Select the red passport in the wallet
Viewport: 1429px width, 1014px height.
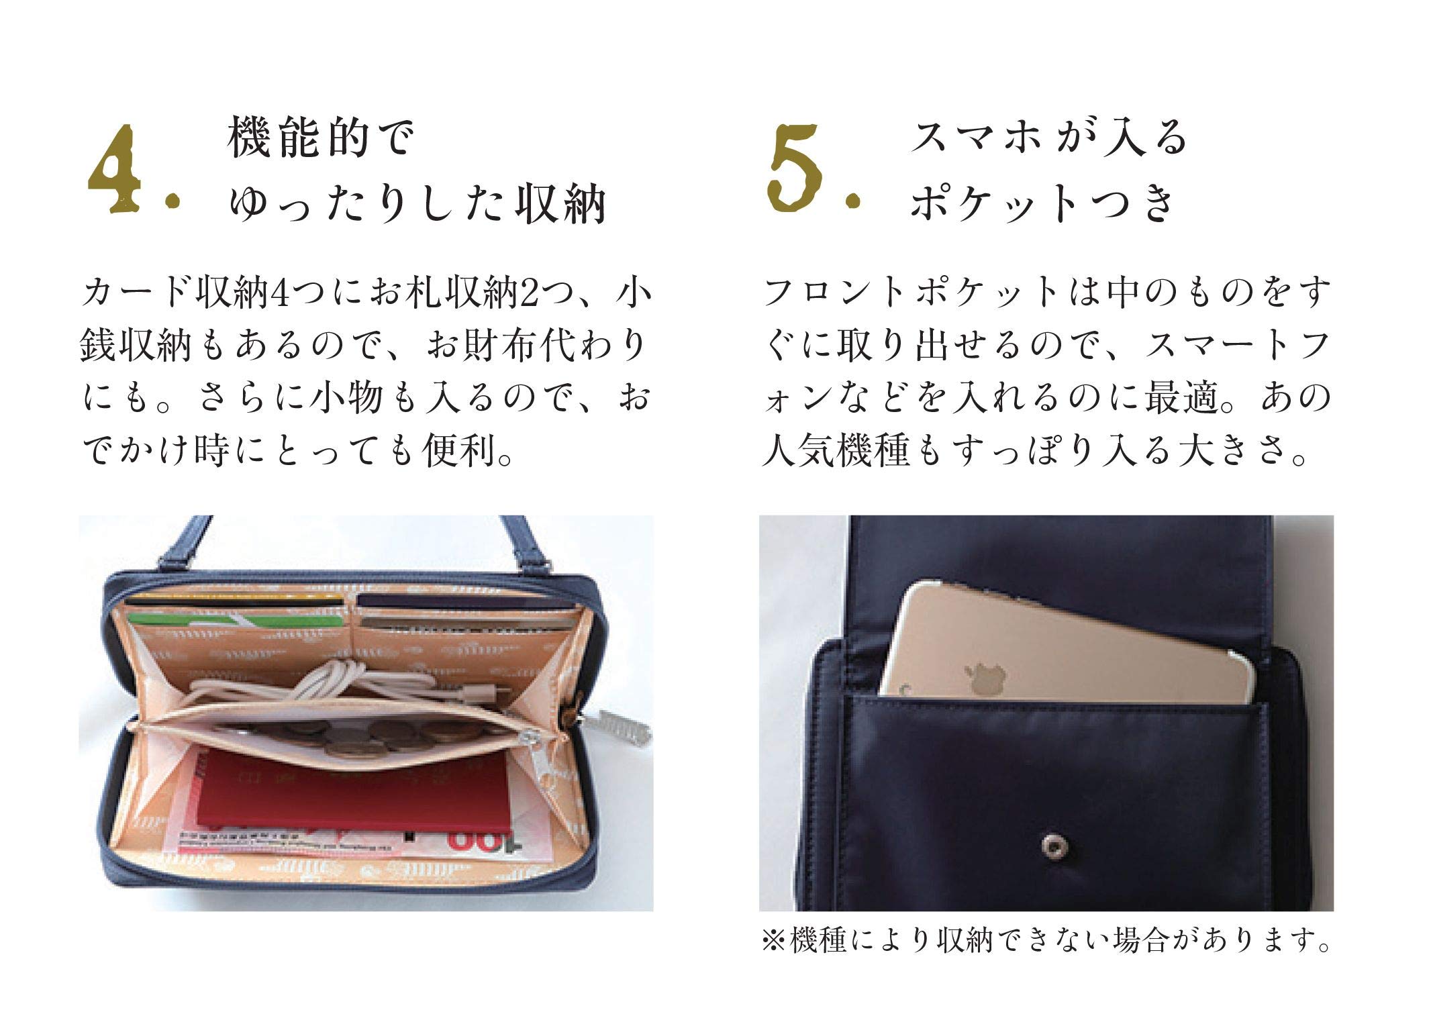[352, 792]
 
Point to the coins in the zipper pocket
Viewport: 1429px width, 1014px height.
[322, 735]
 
